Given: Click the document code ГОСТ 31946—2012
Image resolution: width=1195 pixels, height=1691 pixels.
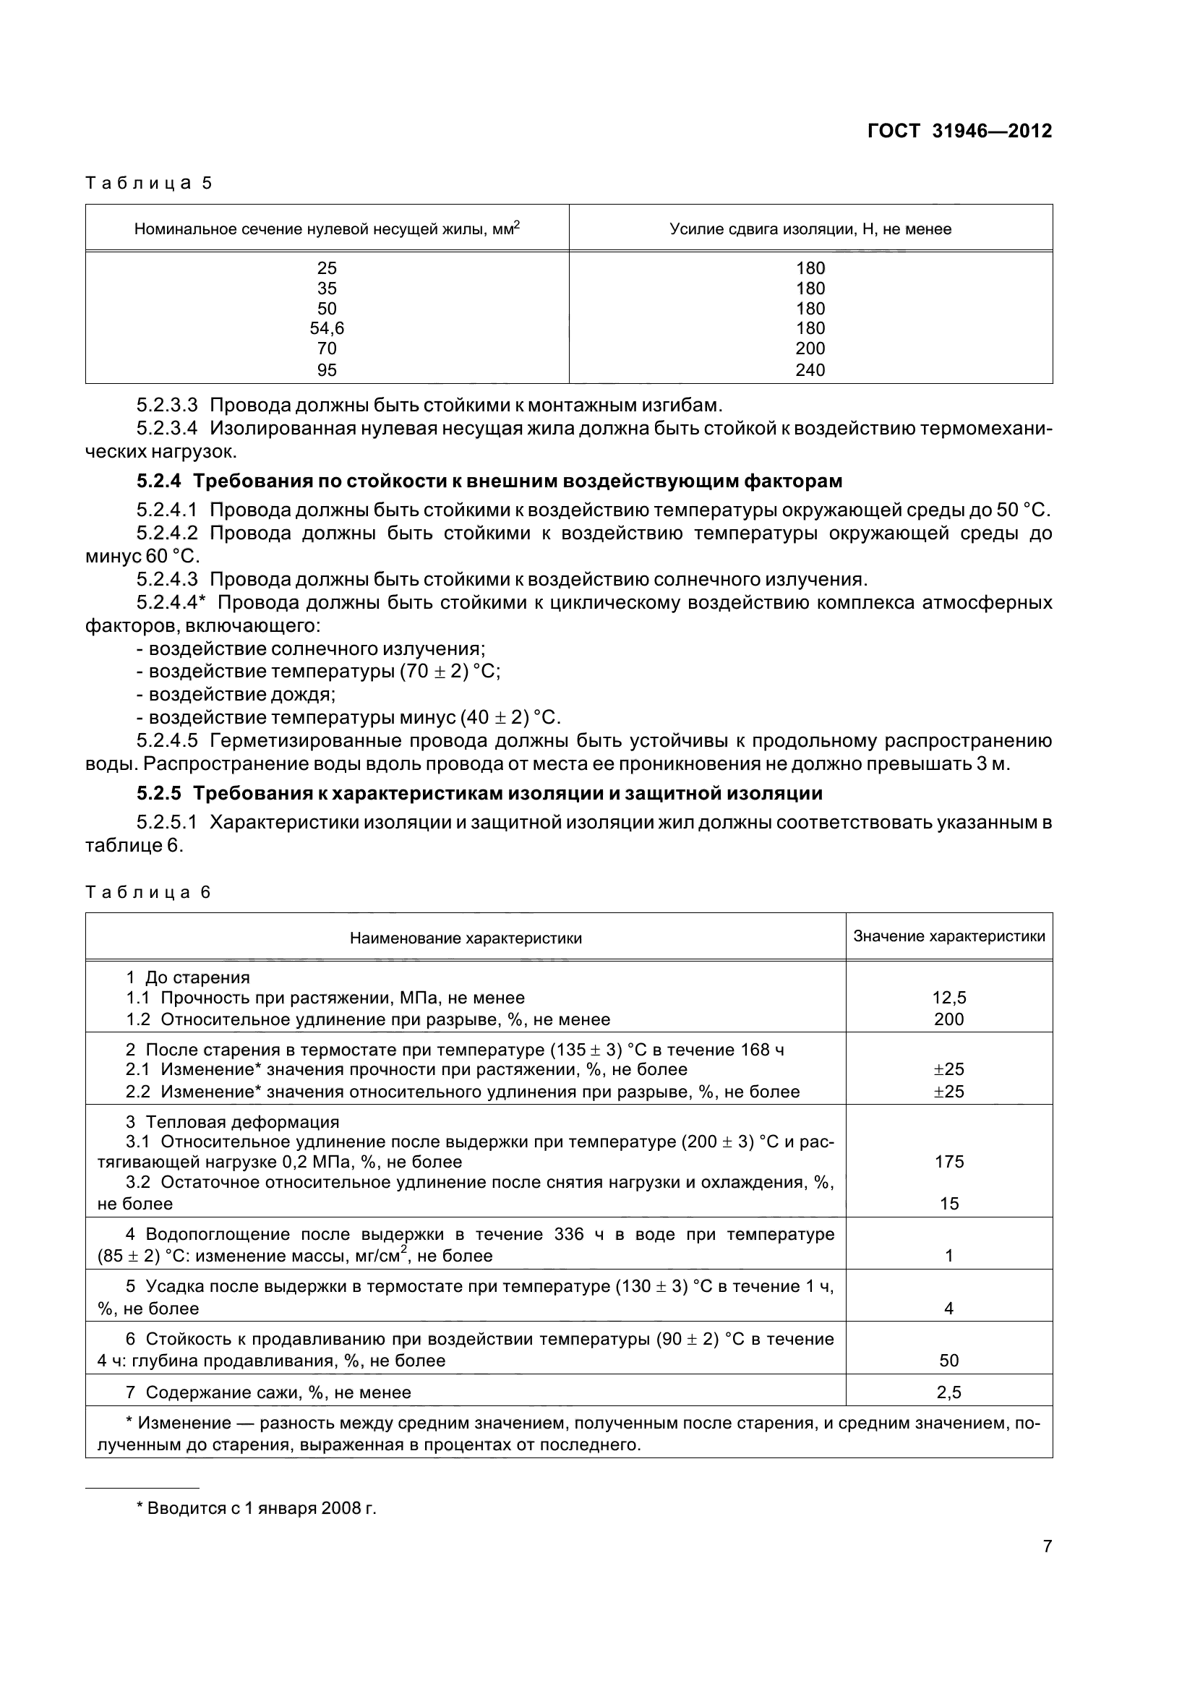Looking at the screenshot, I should (959, 131).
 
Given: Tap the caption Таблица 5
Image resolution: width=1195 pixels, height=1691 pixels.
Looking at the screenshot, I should (149, 183).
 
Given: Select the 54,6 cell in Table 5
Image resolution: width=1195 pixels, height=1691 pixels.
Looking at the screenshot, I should (327, 328).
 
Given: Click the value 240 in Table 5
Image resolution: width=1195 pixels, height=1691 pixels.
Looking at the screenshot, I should (810, 370).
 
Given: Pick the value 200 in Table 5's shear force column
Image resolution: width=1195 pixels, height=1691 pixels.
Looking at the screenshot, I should (810, 348).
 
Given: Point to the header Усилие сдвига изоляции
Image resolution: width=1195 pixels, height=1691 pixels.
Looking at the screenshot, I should (810, 229).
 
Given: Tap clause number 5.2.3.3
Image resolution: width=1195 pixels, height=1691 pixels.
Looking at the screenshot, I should (167, 405).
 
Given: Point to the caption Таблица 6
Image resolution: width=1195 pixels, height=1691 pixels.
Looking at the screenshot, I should (149, 893).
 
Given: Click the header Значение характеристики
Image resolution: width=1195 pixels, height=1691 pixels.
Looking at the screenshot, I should (948, 936).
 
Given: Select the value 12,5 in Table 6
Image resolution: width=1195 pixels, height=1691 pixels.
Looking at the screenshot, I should (948, 998).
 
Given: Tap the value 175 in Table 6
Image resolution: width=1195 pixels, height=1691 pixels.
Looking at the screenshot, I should (948, 1162).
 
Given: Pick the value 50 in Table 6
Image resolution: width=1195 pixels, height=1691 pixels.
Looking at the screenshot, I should (948, 1361).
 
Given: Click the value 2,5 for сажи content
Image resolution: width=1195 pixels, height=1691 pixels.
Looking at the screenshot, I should (948, 1392).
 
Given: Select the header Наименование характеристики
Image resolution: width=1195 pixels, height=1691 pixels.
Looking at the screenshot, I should (466, 938).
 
